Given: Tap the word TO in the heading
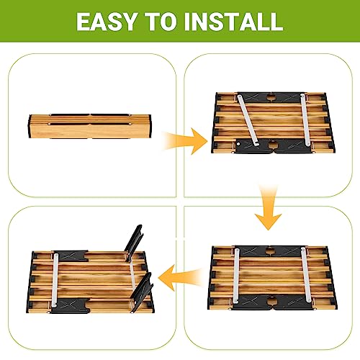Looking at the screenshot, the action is [x=162, y=22].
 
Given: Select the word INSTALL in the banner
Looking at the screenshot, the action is [x=234, y=22].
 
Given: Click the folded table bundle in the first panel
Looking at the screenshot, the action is [x=90, y=126].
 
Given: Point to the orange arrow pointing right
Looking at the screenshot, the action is [x=185, y=141].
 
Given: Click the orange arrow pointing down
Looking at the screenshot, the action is [x=268, y=207].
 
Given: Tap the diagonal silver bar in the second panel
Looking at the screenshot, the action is [x=247, y=120].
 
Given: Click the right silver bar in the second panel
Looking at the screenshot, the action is [x=305, y=120].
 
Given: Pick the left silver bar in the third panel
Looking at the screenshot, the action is [x=236, y=276].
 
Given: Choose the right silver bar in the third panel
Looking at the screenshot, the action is [x=306, y=274].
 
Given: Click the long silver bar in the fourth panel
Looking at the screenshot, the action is [x=55, y=280].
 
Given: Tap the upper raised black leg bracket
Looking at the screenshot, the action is [x=133, y=243].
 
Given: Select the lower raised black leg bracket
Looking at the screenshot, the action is [x=142, y=292].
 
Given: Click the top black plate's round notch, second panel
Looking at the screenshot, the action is [x=271, y=97].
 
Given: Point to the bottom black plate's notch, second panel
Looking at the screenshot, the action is [x=272, y=145].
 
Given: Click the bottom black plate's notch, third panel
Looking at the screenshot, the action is [x=271, y=300].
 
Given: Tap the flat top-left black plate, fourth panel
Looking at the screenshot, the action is [x=71, y=256].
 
